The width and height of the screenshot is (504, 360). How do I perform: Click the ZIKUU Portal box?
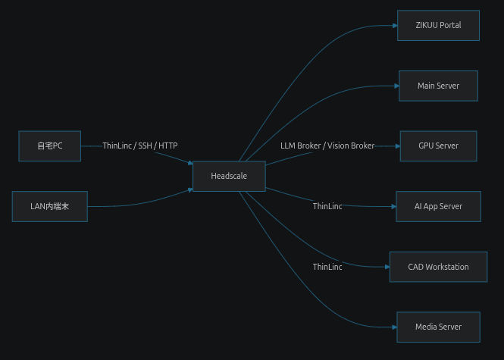[438, 26]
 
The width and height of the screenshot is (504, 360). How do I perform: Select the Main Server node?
[438, 86]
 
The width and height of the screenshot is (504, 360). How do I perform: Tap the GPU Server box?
[438, 146]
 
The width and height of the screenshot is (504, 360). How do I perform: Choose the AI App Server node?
[438, 206]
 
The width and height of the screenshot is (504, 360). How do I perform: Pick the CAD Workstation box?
[438, 267]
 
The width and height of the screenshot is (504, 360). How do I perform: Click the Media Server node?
[438, 327]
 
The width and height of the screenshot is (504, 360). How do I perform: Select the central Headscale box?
[229, 176]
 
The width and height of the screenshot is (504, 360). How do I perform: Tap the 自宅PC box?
[50, 146]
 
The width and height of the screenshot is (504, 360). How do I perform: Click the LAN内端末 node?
[50, 206]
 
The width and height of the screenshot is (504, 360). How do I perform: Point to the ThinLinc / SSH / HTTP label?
[140, 146]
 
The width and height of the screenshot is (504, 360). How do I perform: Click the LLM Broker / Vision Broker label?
[327, 146]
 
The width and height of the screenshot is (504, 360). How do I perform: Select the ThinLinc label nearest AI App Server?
[327, 206]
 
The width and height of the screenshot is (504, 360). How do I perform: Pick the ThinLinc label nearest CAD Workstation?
[327, 267]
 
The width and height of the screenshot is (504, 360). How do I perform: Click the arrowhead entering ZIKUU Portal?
[395, 26]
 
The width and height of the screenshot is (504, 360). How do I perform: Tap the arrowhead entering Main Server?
[396, 86]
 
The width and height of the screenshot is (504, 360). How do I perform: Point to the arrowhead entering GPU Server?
[398, 146]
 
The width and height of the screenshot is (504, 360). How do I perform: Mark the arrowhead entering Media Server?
[394, 327]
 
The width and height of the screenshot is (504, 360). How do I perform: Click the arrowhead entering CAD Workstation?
[387, 267]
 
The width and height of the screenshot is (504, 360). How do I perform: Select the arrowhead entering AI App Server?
[394, 207]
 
